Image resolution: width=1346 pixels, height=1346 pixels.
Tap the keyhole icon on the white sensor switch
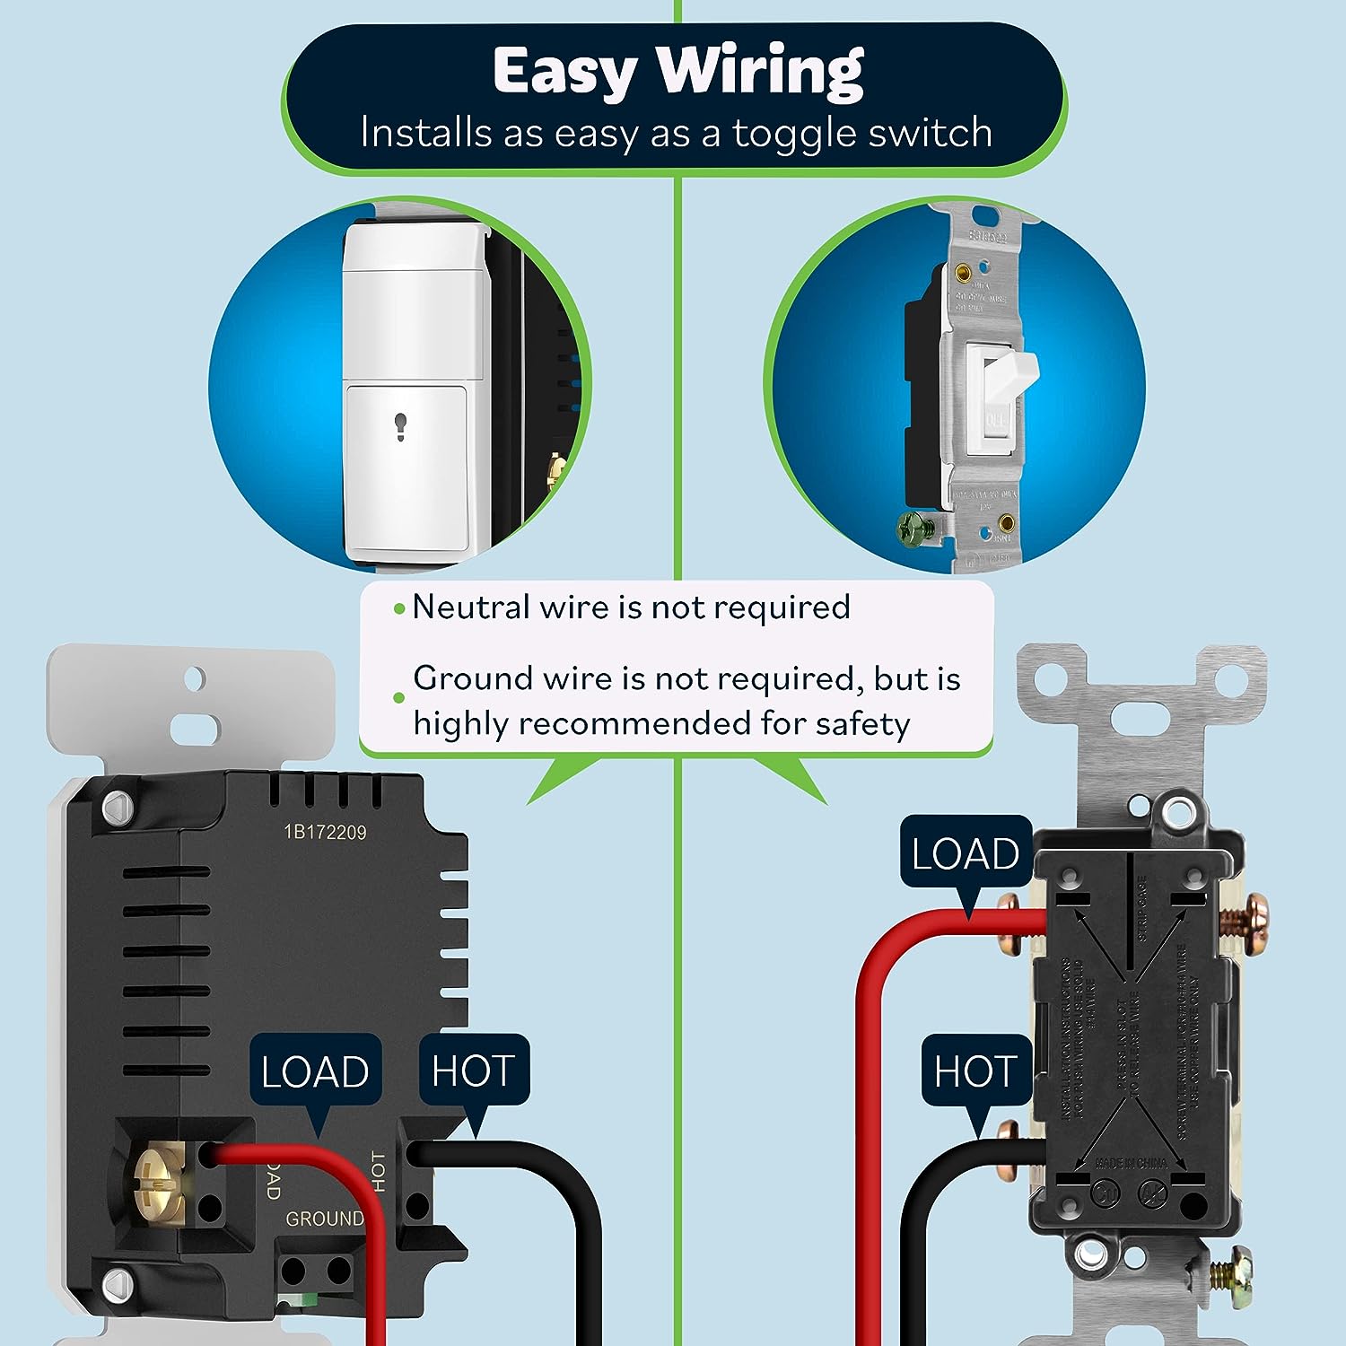click(x=400, y=427)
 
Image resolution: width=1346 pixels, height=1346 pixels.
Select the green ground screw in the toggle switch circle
click(x=914, y=529)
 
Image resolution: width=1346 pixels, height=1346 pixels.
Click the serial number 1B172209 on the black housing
click(x=325, y=832)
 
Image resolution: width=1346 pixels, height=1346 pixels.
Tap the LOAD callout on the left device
click(x=315, y=1071)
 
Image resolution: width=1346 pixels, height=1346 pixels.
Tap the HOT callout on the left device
click(x=473, y=1071)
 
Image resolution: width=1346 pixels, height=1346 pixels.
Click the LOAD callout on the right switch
click(x=965, y=853)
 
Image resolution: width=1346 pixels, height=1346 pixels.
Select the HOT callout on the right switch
click(x=975, y=1071)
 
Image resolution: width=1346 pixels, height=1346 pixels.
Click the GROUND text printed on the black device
click(x=324, y=1219)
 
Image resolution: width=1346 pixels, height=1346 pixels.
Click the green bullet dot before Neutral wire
click(x=400, y=609)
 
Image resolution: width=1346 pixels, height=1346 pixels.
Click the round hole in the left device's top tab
click(x=194, y=679)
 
